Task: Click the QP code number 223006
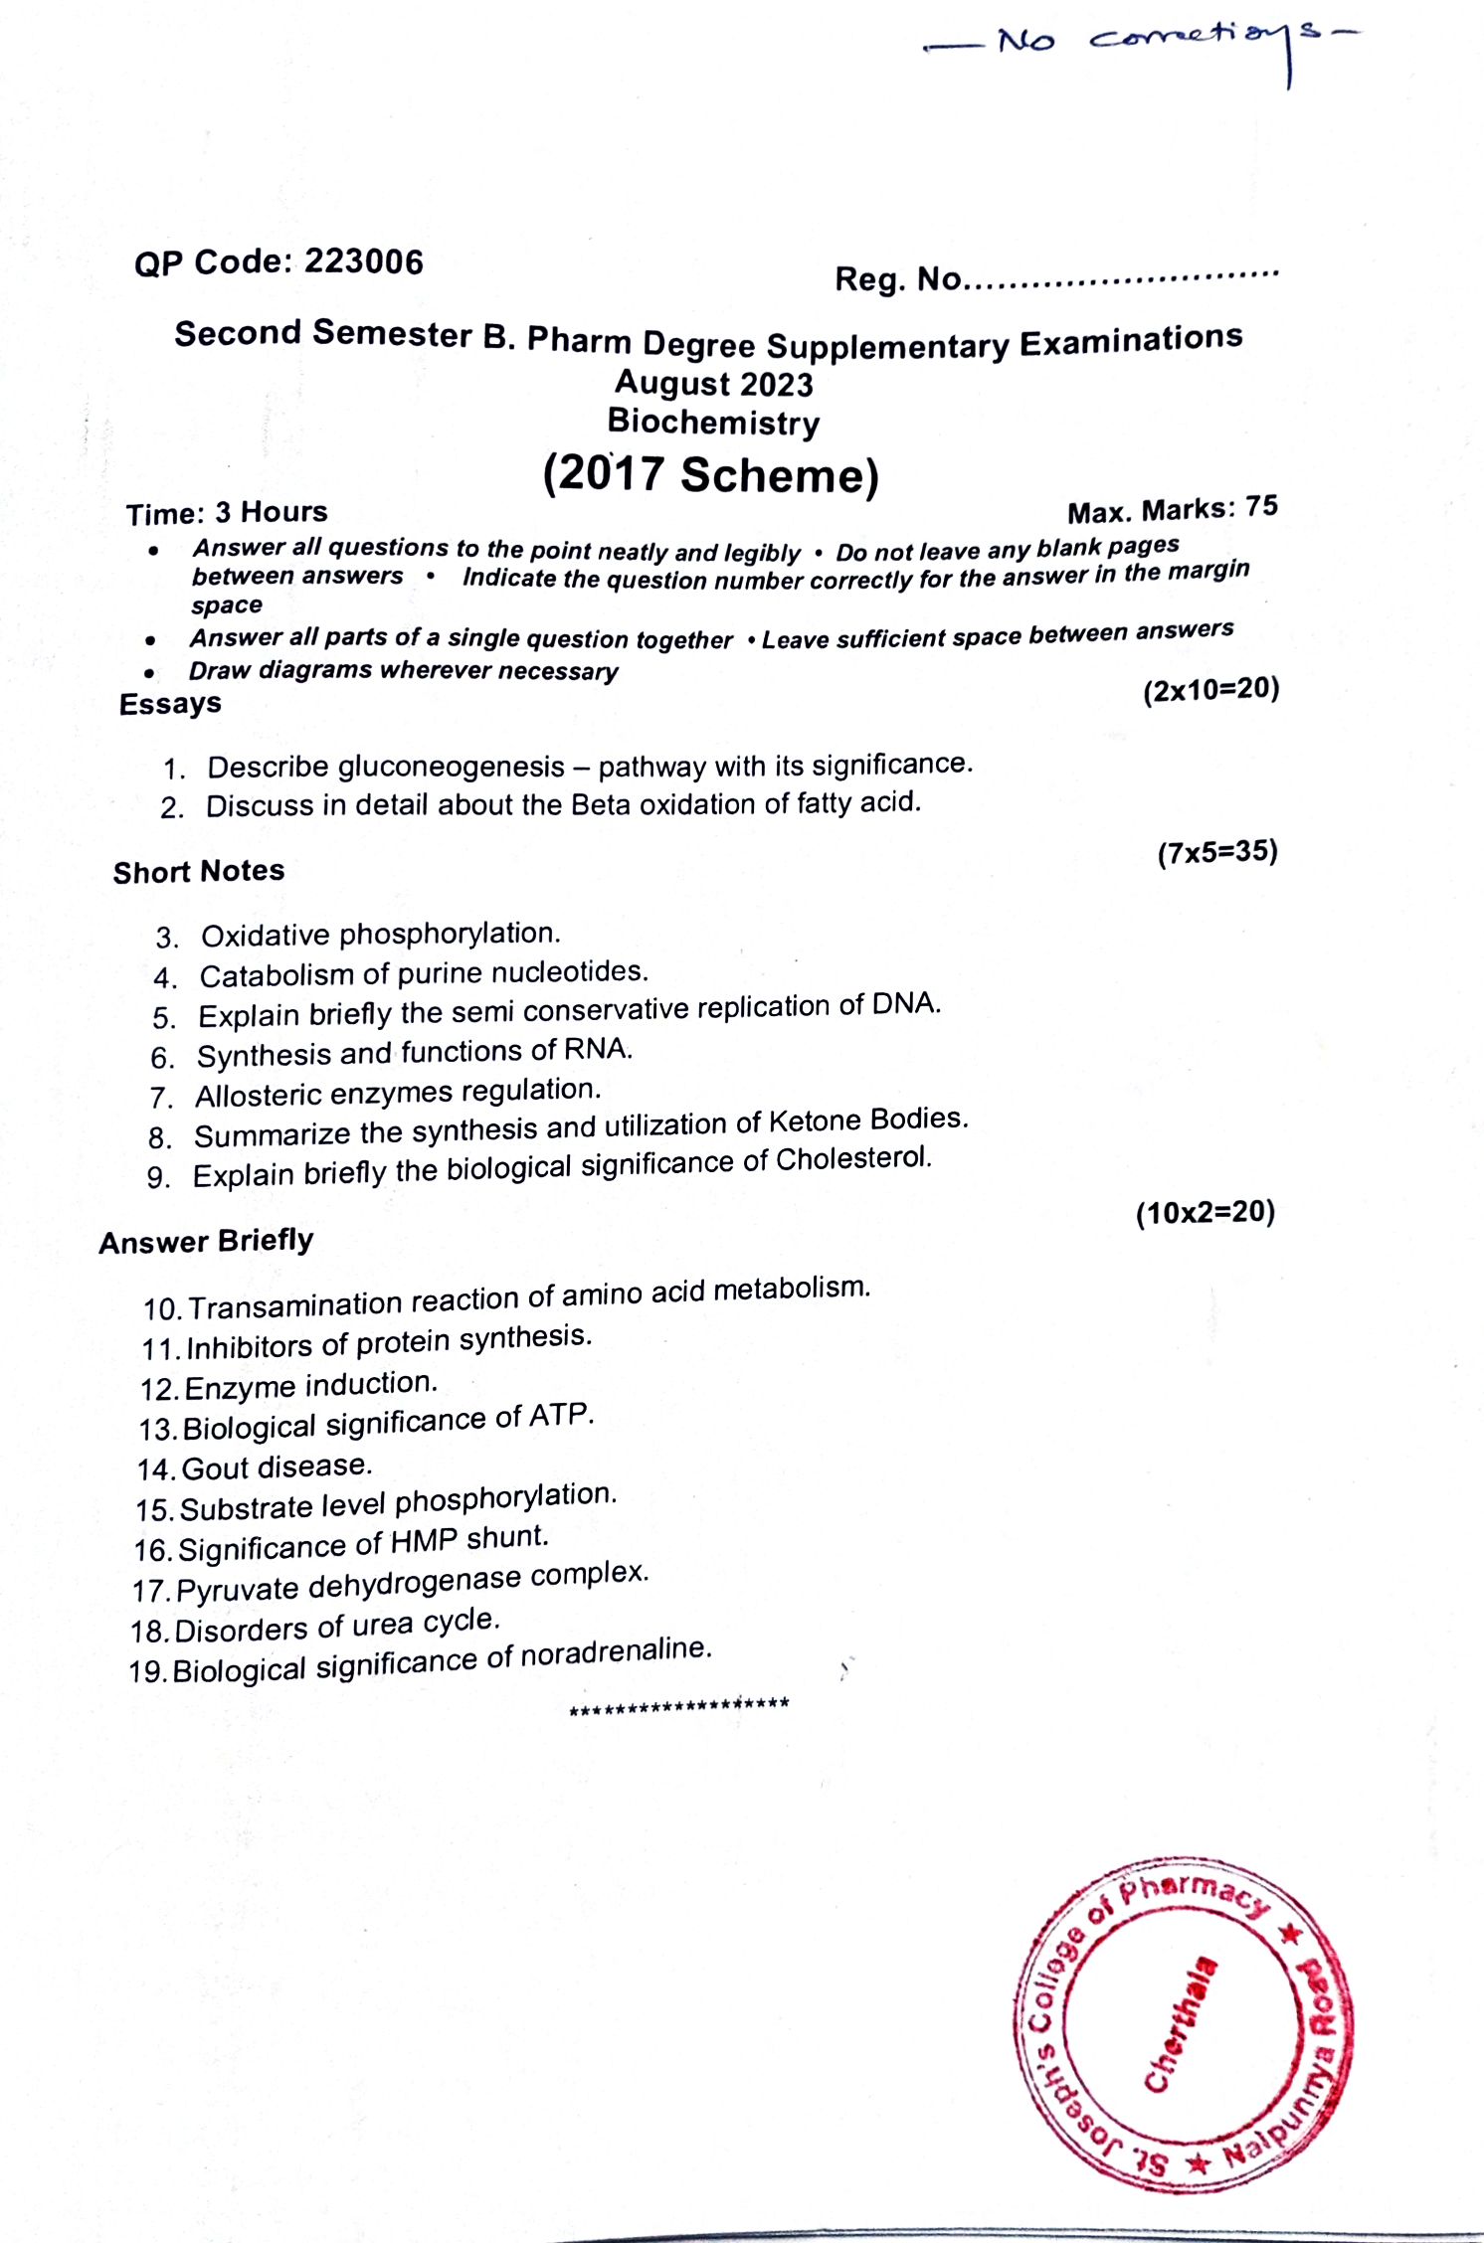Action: [x=363, y=261]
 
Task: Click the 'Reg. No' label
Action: [x=898, y=279]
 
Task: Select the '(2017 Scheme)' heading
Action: [x=711, y=474]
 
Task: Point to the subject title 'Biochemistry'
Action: [x=714, y=423]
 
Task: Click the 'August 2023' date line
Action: [x=714, y=384]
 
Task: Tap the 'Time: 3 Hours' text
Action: [x=227, y=513]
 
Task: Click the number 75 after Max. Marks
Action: [x=1261, y=506]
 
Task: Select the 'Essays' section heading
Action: [x=170, y=704]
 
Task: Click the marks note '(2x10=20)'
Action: [x=1210, y=690]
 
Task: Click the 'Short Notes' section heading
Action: [x=199, y=872]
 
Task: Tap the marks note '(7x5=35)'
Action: [x=1217, y=852]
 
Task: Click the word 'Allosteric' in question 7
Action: [x=258, y=1096]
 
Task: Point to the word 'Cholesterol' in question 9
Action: [x=852, y=1159]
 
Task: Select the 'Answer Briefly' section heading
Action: [x=206, y=1242]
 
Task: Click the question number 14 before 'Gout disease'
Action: [x=155, y=1469]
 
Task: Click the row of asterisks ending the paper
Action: [x=679, y=1704]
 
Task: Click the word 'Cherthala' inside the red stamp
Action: [x=1181, y=2024]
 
